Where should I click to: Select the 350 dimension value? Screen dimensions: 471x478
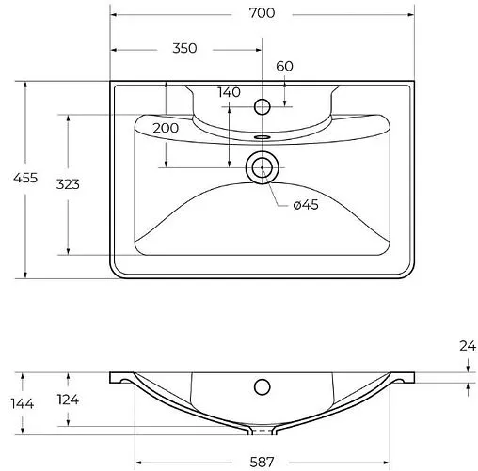pyautogui.click(x=184, y=49)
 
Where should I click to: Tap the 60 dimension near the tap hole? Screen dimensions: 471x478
pyautogui.click(x=284, y=66)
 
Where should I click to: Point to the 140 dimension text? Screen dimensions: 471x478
pyautogui.click(x=229, y=91)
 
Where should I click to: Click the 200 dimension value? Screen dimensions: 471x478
pyautogui.click(x=166, y=127)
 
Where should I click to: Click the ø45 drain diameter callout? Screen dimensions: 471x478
pyautogui.click(x=307, y=207)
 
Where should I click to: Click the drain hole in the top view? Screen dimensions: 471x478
pyautogui.click(x=261, y=169)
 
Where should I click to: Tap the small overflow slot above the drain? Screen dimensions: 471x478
pyautogui.click(x=261, y=135)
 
